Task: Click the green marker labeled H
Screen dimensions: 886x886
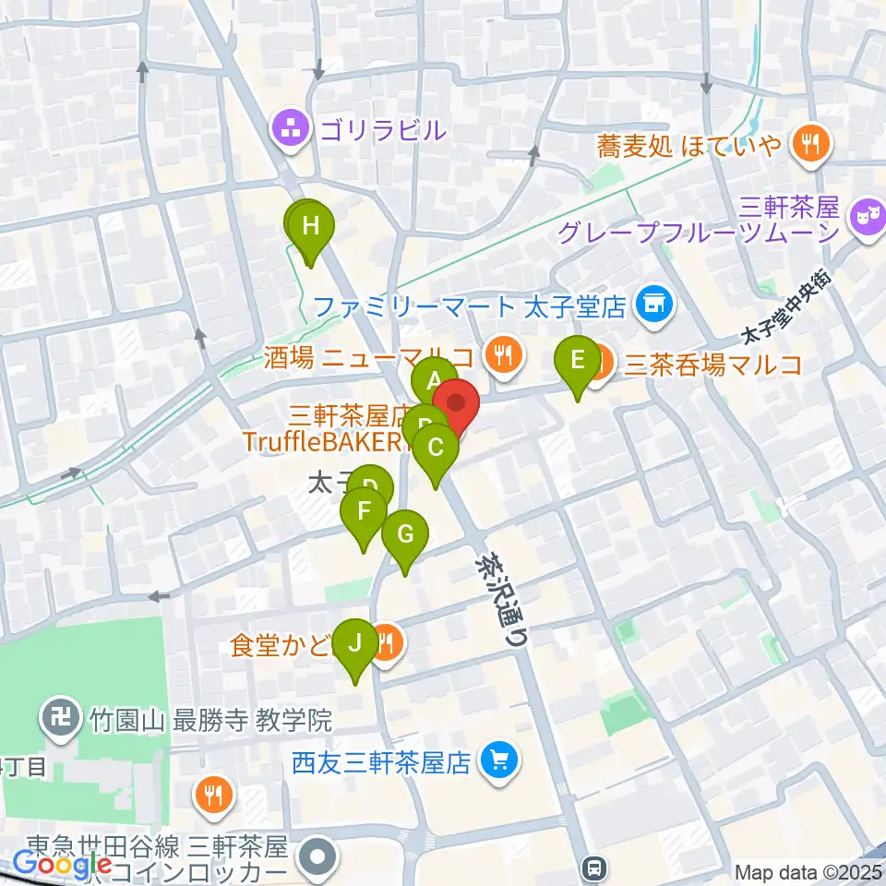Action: tap(311, 226)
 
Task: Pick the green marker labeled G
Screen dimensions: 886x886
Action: tap(405, 535)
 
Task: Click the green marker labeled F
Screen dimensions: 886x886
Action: tap(364, 513)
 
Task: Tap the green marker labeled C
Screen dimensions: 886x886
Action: tap(435, 449)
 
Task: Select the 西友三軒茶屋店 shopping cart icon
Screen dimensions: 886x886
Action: tap(500, 762)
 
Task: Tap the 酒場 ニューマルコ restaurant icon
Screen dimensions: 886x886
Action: tap(503, 355)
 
